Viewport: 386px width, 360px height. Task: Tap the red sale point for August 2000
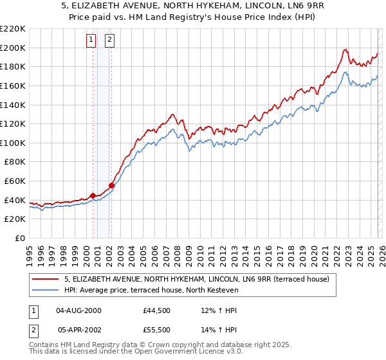(93, 195)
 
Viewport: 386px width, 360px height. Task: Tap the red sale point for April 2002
(111, 185)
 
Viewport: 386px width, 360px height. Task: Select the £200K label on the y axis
(13, 48)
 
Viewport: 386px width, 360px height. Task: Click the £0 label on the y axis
(20, 238)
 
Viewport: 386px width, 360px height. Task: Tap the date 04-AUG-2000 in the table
(78, 310)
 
